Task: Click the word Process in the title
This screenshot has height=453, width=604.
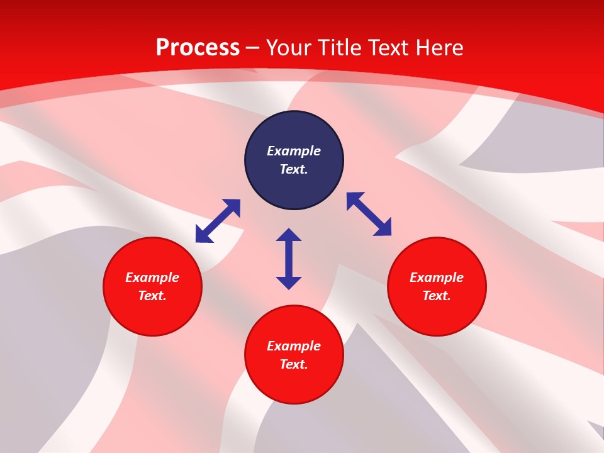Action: click(198, 48)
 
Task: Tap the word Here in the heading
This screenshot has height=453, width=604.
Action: click(440, 48)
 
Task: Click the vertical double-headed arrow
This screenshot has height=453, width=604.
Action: click(289, 259)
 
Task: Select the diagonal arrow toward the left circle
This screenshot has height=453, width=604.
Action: click(218, 221)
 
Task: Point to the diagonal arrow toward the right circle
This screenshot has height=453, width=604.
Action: click(369, 214)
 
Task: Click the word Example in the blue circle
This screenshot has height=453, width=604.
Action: click(294, 151)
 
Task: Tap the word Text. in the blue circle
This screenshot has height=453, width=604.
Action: click(294, 169)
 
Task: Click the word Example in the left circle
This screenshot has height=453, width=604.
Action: click(152, 277)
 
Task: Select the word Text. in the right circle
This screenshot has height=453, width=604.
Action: click(437, 296)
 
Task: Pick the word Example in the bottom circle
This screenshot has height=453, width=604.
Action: click(294, 346)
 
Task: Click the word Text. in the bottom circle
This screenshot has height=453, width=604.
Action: click(294, 364)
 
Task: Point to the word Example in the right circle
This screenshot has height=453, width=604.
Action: click(437, 277)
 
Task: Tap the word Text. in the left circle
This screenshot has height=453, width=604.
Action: click(152, 296)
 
